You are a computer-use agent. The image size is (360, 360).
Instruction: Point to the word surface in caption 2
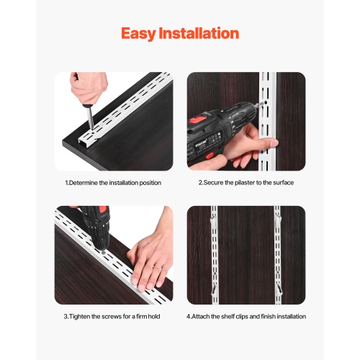point(282,183)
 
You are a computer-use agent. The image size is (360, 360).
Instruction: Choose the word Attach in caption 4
point(202,316)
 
